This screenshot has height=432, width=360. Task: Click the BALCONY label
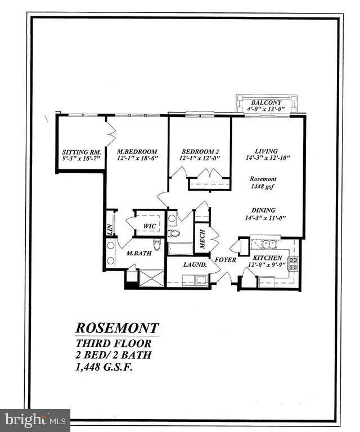click(263, 102)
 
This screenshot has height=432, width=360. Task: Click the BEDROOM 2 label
click(200, 152)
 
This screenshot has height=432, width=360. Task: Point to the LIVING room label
click(266, 151)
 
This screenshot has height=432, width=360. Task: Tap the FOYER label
click(226, 261)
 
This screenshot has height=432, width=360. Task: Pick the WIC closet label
click(149, 226)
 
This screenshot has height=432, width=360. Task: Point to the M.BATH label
click(138, 254)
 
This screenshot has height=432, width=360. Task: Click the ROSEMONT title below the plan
click(118, 328)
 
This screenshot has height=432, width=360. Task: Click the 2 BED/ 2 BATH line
click(114, 354)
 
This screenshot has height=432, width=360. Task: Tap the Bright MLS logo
click(35, 420)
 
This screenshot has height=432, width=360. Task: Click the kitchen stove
click(292, 263)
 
